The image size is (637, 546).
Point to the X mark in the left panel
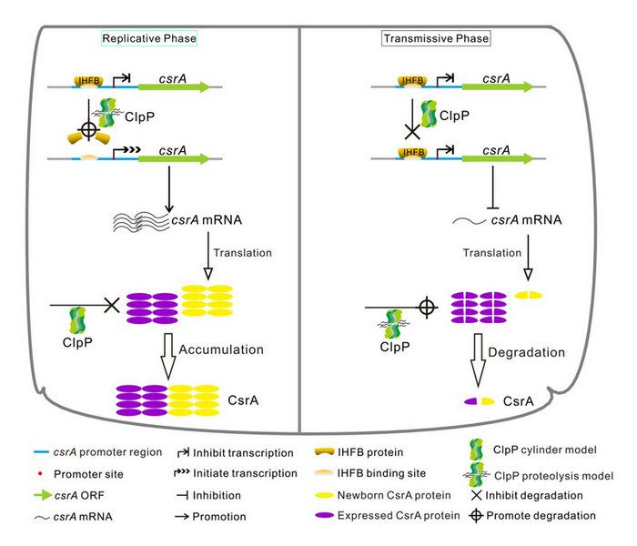point(113,306)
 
